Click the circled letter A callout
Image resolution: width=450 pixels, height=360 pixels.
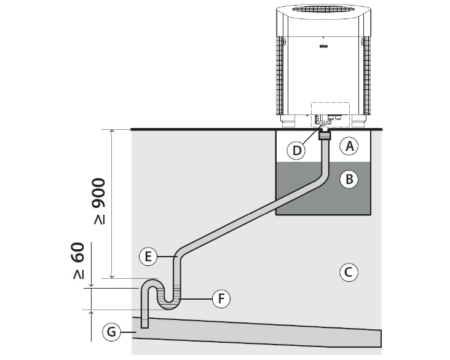(349, 146)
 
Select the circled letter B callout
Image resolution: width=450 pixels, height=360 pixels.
(349, 180)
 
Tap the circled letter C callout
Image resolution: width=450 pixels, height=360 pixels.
(349, 271)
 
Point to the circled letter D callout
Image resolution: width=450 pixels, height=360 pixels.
(297, 150)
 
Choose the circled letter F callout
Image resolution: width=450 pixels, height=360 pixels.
(221, 299)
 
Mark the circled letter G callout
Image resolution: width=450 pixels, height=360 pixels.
(111, 332)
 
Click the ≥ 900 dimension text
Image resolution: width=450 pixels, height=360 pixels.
(99, 204)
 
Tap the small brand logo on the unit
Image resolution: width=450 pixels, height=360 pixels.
(323, 45)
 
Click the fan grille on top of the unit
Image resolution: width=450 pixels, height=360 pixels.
(323, 13)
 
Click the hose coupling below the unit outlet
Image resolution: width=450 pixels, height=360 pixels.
(324, 135)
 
